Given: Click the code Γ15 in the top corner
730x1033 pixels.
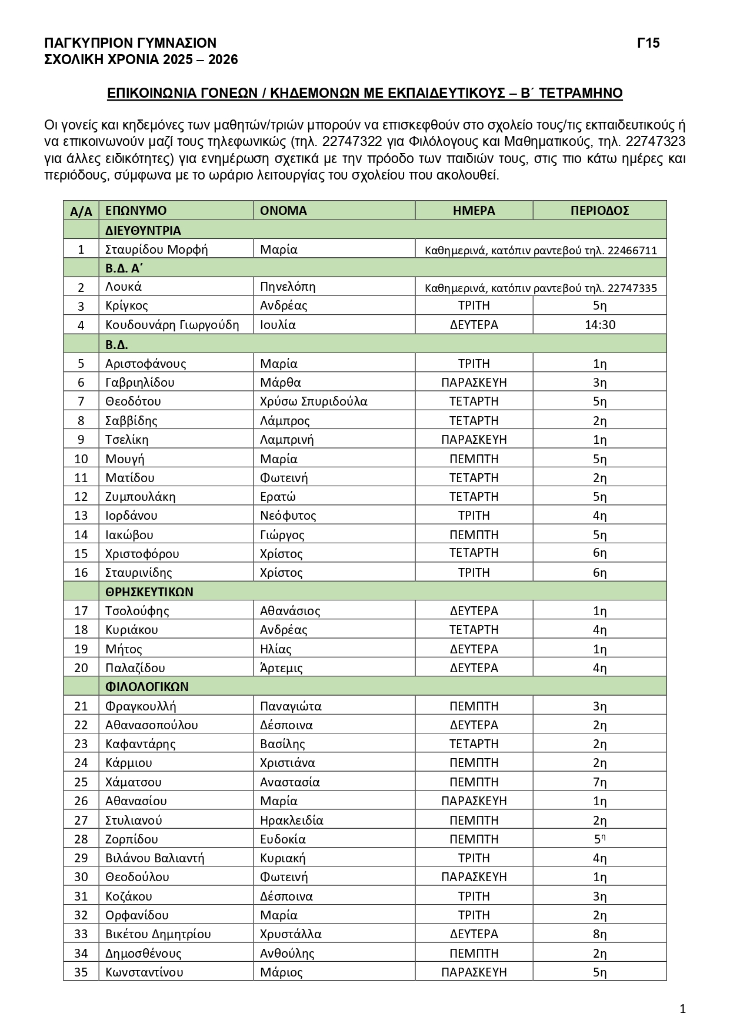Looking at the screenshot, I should click(x=648, y=43).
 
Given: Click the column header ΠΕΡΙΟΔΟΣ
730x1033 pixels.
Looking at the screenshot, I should click(x=599, y=211).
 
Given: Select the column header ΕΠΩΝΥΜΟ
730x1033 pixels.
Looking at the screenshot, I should click(x=136, y=211).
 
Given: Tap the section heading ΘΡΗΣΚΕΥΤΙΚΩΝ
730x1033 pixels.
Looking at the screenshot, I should click(x=149, y=592).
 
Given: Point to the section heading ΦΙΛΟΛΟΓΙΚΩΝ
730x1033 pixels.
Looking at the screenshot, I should click(x=147, y=686).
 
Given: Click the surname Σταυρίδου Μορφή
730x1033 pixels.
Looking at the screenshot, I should click(x=156, y=249).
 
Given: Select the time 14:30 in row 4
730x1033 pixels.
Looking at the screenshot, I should click(x=599, y=325).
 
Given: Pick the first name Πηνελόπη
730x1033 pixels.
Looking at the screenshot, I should click(x=288, y=287).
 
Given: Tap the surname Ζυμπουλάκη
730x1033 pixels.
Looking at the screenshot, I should click(x=140, y=496).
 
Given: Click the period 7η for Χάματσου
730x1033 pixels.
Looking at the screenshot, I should click(x=599, y=782).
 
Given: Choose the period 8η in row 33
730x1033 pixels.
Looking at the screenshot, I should click(x=599, y=934).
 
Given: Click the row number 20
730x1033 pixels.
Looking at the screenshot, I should click(x=81, y=667).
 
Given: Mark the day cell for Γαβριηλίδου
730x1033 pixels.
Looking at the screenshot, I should click(x=474, y=382).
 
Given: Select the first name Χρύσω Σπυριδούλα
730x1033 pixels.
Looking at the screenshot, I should click(x=314, y=401).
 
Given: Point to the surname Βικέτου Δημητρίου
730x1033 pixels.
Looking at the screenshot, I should click(x=158, y=934).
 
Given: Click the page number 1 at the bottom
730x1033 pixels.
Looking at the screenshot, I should click(x=682, y=1009).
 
